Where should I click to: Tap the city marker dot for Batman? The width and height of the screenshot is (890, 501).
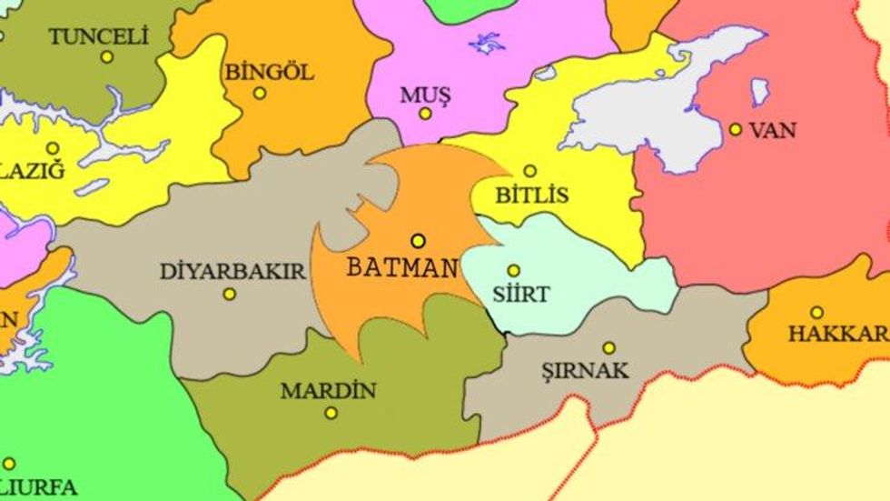click(x=418, y=241)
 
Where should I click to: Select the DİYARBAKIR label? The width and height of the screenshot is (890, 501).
click(x=232, y=271)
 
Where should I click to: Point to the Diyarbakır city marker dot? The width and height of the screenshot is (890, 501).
click(x=230, y=294)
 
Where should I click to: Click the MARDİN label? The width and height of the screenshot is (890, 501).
click(x=328, y=392)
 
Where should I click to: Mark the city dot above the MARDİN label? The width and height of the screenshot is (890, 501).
click(x=331, y=413)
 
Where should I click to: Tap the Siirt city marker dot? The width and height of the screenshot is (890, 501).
click(x=513, y=270)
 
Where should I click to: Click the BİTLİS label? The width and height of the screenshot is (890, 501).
click(x=532, y=195)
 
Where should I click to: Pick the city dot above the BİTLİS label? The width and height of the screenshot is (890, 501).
click(x=530, y=171)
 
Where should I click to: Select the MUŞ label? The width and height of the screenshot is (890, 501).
click(x=425, y=94)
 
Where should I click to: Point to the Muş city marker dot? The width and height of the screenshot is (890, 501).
click(x=425, y=114)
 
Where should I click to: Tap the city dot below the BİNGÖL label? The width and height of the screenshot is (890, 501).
click(x=260, y=93)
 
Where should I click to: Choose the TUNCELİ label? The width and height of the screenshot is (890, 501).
click(x=98, y=37)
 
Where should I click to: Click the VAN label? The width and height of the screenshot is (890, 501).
click(x=772, y=130)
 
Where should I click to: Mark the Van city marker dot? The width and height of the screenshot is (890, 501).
click(x=736, y=129)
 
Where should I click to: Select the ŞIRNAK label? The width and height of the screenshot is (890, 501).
click(x=597, y=370)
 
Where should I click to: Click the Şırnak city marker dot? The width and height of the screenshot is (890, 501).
click(x=608, y=347)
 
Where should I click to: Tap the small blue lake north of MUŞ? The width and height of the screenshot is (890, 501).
click(x=487, y=42)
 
